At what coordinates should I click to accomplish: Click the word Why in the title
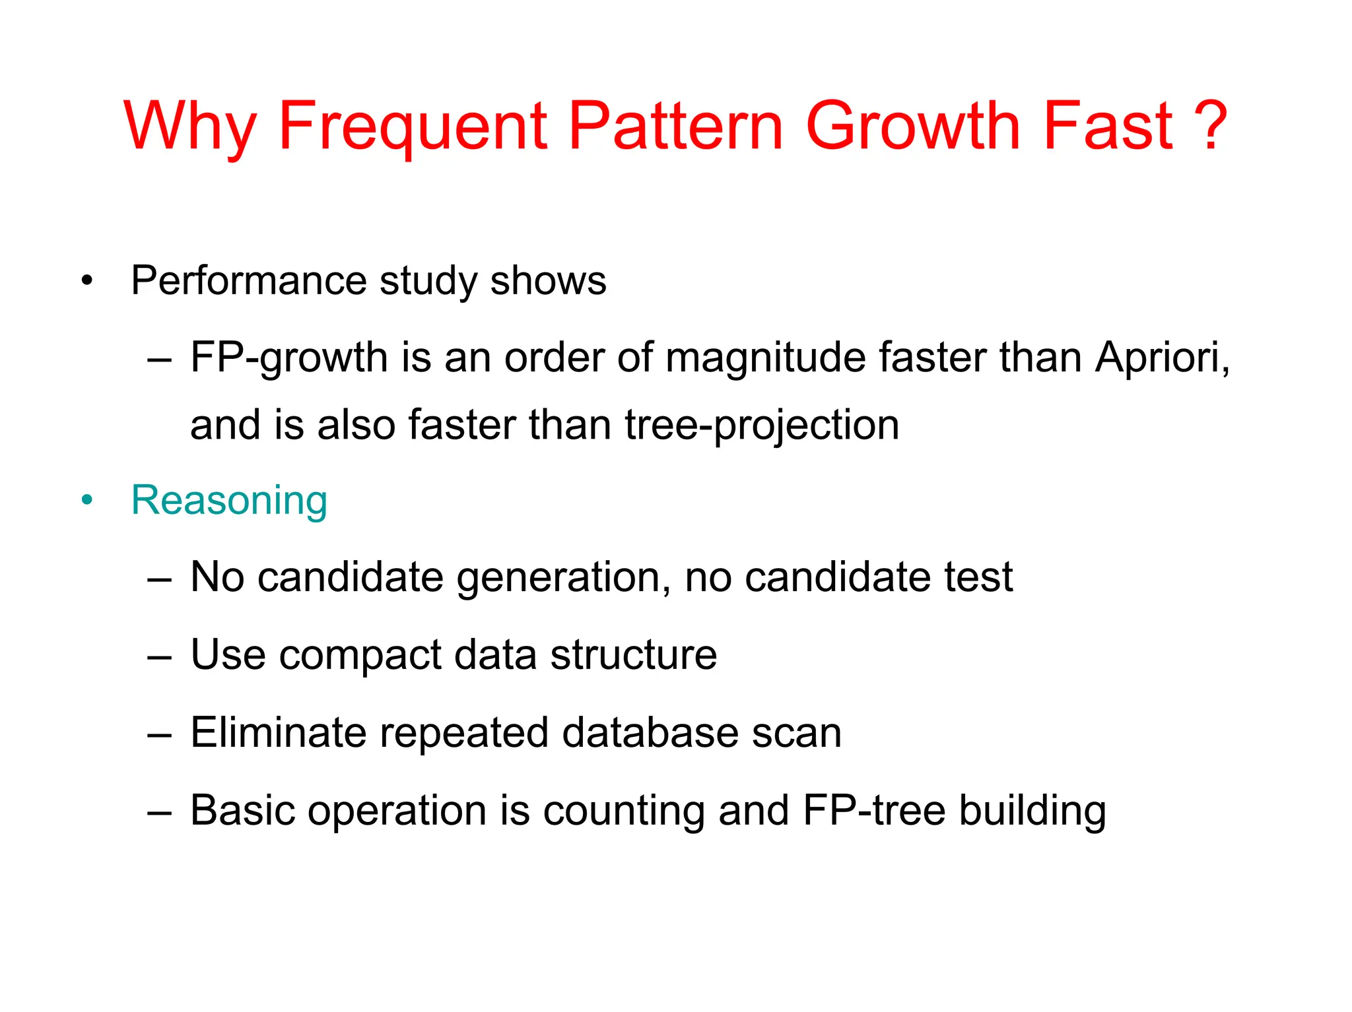point(190,127)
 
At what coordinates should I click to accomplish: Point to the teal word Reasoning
point(229,500)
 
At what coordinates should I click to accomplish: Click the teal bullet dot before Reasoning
point(87,501)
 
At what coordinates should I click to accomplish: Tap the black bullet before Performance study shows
point(87,282)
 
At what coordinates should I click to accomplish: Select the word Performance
point(248,280)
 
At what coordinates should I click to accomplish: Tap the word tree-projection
point(762,426)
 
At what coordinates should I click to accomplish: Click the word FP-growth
point(288,359)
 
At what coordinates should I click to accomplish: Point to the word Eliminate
point(278,732)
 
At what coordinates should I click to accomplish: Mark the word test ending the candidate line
point(978,577)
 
